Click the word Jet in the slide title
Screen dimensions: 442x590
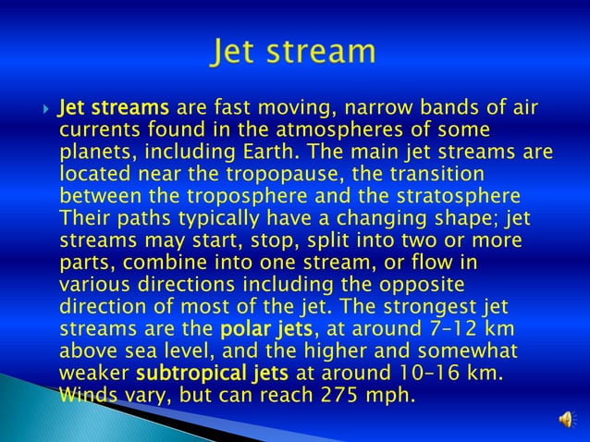click(239, 52)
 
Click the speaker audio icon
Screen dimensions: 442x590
click(566, 421)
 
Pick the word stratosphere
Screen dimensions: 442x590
click(454, 195)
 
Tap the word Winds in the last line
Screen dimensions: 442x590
click(88, 395)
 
